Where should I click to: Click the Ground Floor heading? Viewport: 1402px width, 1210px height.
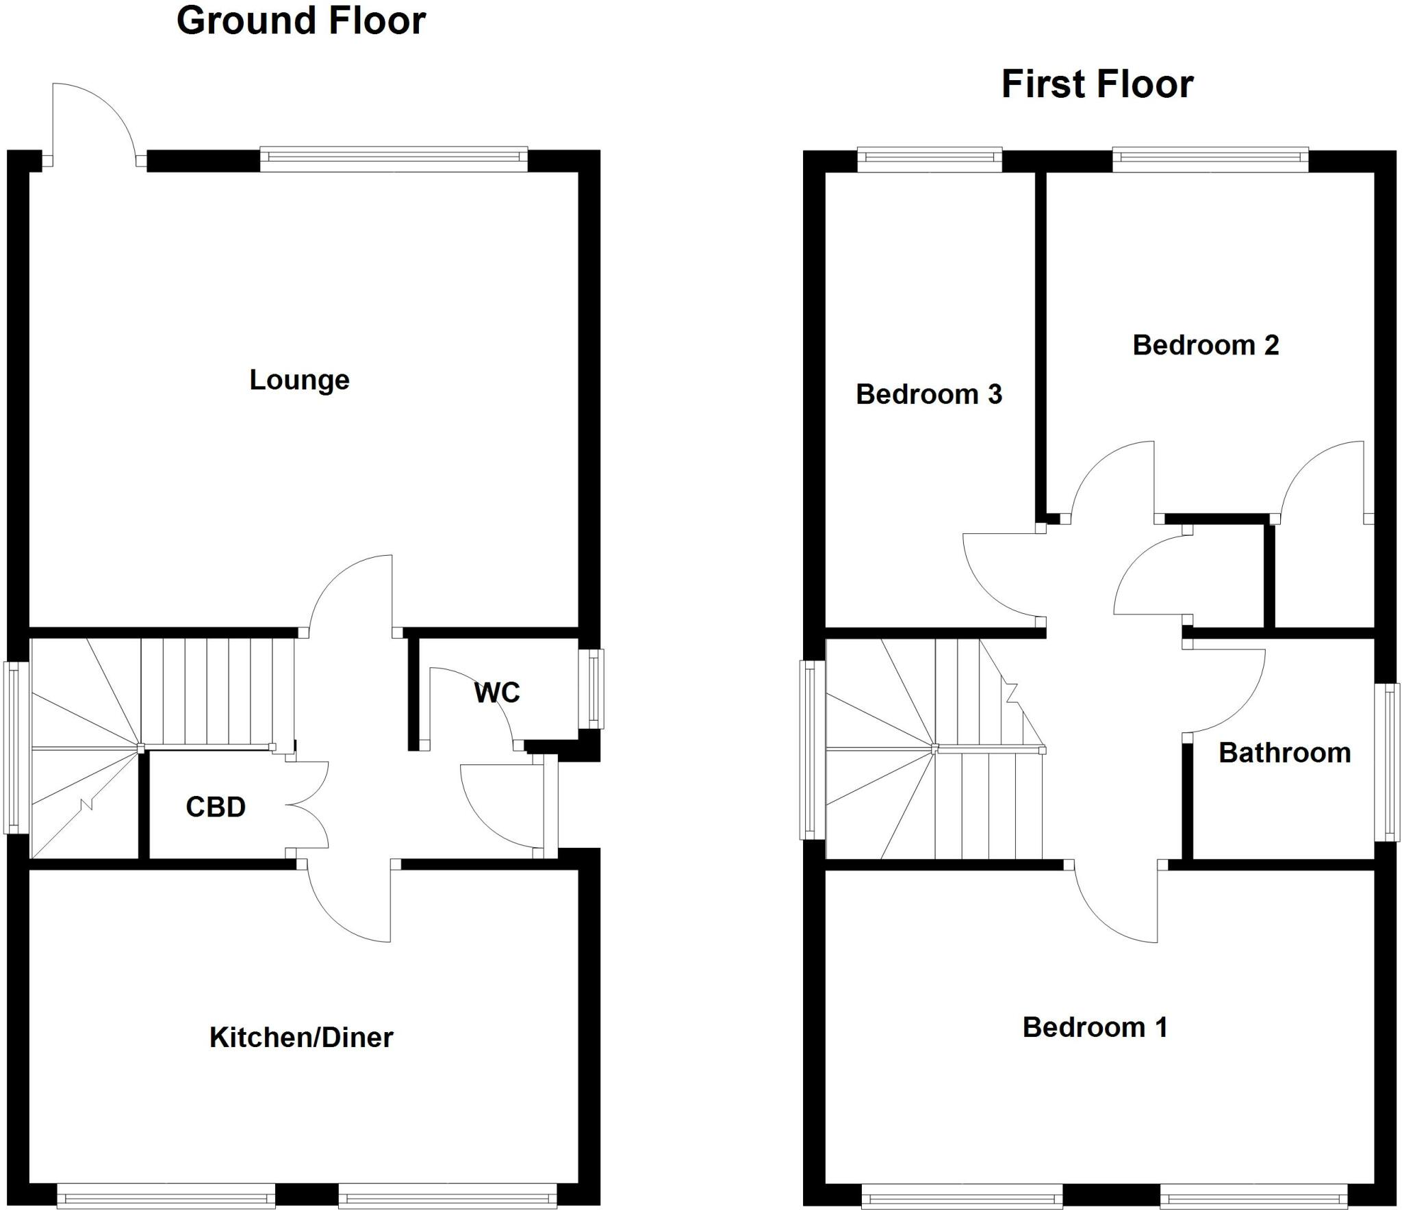301,21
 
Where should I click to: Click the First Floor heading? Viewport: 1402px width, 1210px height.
1097,84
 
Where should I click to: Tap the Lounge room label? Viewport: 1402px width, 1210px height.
299,380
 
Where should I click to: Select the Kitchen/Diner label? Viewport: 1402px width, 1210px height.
301,1038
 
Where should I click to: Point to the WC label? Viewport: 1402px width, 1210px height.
497,693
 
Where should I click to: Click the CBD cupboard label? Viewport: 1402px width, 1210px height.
216,807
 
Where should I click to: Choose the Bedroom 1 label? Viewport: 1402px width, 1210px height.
1095,1027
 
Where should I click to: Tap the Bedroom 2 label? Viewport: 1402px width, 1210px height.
1206,345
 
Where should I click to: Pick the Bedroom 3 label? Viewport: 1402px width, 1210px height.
929,394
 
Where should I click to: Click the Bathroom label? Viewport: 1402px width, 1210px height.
1284,753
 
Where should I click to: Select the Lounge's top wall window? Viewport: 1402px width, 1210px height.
394,159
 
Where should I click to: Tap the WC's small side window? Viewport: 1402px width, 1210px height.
592,688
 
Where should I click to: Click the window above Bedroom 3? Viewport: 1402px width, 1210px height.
930,159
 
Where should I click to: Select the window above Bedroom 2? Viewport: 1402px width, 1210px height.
1210,159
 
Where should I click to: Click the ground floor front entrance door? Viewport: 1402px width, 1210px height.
503,808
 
